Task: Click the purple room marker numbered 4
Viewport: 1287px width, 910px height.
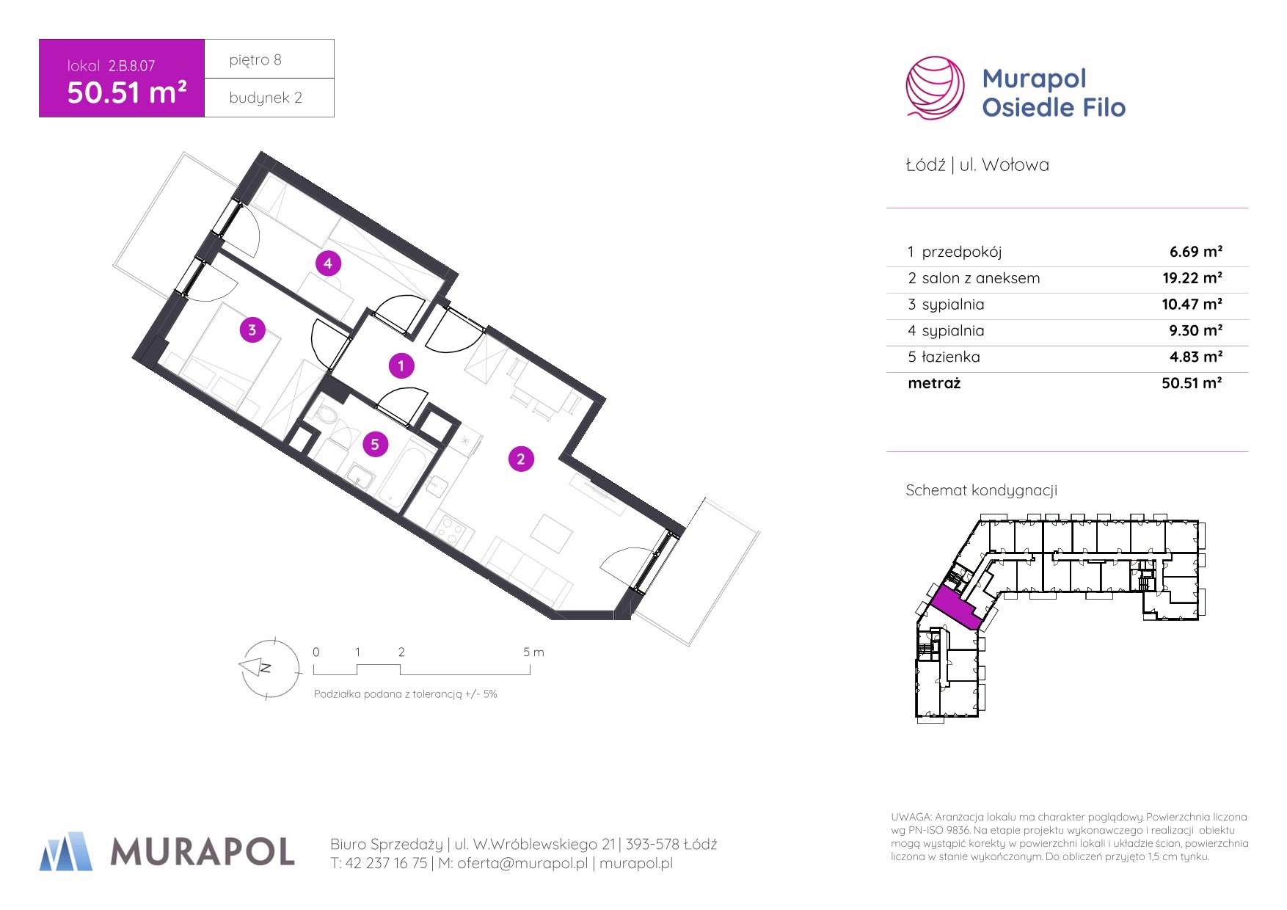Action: point(328,263)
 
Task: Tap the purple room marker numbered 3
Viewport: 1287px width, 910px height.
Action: point(252,330)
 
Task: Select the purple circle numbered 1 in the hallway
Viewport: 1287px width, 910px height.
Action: point(401,365)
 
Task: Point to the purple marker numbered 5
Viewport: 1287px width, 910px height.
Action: point(375,444)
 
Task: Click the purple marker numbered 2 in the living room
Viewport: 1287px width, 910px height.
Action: point(521,459)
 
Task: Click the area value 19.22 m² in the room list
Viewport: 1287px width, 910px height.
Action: point(1192,278)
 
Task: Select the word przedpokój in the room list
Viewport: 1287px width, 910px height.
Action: point(961,252)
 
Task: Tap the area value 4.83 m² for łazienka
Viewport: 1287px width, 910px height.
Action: point(1195,357)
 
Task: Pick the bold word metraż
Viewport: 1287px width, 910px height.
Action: point(934,383)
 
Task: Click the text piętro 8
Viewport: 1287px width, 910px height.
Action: point(255,60)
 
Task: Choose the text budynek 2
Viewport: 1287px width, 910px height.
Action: point(266,98)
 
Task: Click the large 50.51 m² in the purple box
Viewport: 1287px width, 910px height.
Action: point(127,92)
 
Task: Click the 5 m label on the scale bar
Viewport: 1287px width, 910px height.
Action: point(533,652)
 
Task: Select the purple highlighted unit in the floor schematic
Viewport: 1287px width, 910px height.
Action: point(957,608)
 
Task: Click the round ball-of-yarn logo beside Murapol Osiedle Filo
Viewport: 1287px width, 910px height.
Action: point(935,88)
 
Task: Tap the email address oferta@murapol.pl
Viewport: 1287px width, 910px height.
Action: point(522,864)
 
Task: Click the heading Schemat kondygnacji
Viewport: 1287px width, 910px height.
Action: point(981,490)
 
